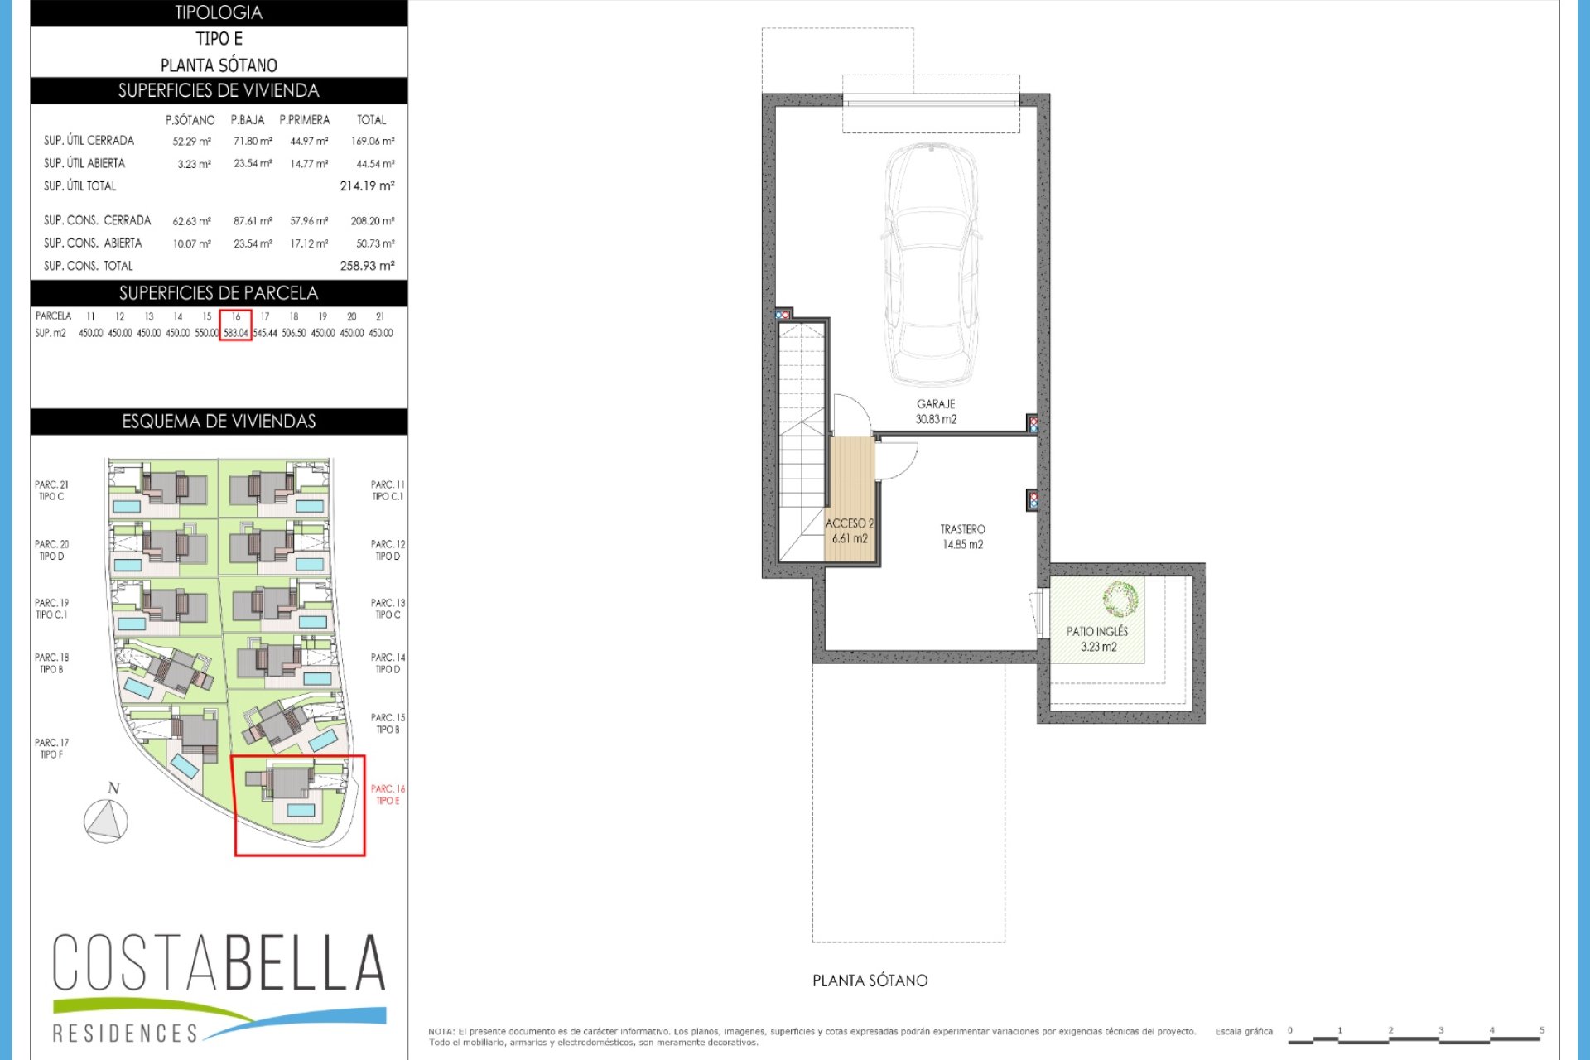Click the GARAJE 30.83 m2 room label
coord(936,412)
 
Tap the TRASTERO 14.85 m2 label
coord(962,537)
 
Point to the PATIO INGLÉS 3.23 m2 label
coord(1097,638)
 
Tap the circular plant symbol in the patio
coord(1120,599)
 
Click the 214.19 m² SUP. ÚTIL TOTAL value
coord(367,186)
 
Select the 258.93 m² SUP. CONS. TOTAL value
coord(367,266)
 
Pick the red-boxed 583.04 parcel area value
coord(236,333)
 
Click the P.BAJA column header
coord(248,120)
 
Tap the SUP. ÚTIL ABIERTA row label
coord(84,164)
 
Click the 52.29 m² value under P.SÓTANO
coord(191,142)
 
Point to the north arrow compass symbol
coord(106,821)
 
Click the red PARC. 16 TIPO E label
coord(388,795)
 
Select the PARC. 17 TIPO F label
coord(51,749)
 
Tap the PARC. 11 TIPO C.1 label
coord(388,490)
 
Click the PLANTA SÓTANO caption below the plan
coord(870,980)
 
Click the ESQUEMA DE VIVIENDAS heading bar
coord(219,422)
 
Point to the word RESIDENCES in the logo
coord(125,1033)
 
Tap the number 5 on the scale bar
coord(1541,1030)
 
